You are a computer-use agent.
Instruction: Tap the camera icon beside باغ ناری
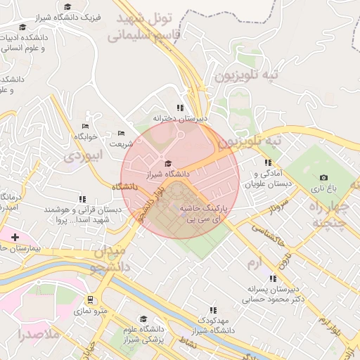(323, 178)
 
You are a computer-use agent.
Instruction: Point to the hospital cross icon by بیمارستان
(15, 237)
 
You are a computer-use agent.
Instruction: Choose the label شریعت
(120, 144)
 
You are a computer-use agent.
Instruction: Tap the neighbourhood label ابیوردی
(83, 155)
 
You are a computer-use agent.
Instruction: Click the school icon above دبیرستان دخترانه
(181, 108)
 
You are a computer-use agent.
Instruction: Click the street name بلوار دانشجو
(152, 204)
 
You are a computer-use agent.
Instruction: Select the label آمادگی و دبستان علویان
(269, 177)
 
